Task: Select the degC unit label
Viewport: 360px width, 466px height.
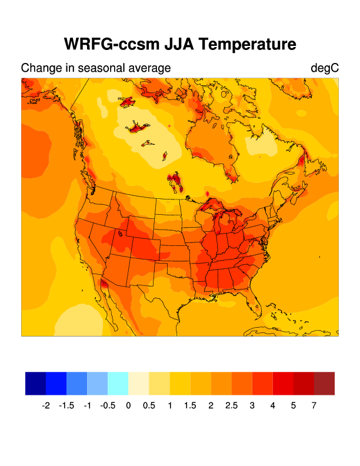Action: pos(325,68)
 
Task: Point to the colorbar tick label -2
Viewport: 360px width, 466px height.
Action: pos(46,405)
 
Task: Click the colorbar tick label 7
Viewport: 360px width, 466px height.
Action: pos(314,405)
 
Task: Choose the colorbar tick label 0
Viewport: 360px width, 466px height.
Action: pos(128,405)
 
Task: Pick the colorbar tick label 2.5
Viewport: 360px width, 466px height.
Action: pos(231,405)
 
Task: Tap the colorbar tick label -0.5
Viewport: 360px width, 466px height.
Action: pos(107,405)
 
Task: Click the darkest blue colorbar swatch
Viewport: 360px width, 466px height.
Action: pos(35,383)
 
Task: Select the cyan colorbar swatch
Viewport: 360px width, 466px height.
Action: pos(118,383)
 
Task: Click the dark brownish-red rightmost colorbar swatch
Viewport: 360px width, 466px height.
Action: pos(324,383)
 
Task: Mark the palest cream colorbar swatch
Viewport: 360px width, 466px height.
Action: pos(139,383)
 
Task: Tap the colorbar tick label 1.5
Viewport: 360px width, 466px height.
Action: pos(190,405)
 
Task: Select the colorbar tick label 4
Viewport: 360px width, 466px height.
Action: pos(273,405)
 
